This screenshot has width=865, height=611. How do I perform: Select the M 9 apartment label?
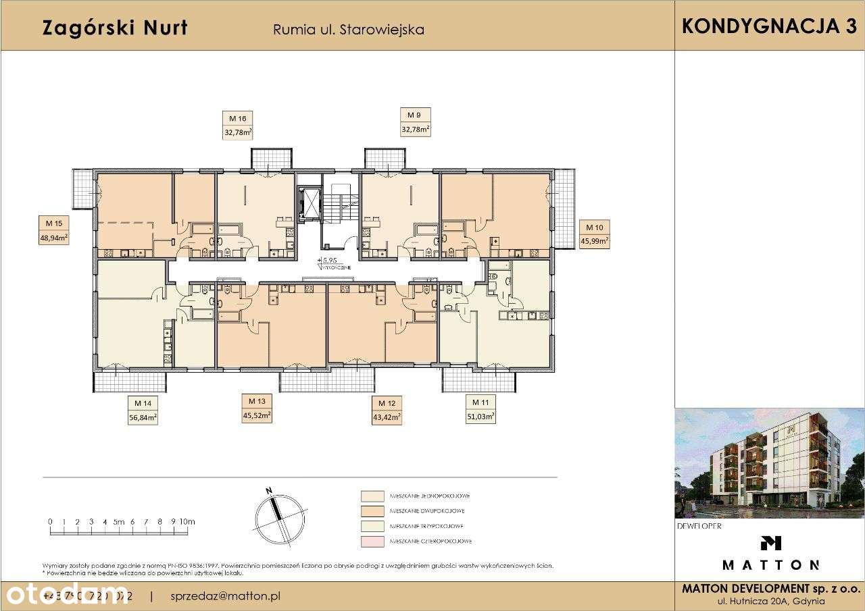click(416, 124)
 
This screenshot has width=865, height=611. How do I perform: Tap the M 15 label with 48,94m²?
click(54, 230)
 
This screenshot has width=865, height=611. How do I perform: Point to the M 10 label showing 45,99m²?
click(595, 234)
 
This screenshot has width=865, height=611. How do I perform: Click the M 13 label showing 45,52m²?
click(256, 409)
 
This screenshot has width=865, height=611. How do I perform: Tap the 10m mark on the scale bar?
click(187, 522)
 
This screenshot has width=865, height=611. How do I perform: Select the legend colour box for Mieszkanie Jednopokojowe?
click(372, 496)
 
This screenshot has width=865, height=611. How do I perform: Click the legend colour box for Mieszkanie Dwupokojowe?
click(372, 511)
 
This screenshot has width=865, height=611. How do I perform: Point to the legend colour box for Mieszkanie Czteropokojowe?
click(372, 541)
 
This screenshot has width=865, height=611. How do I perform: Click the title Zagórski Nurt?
click(115, 28)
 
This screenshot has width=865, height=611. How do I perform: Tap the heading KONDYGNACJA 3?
click(769, 26)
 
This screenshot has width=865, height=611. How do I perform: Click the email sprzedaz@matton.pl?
click(226, 596)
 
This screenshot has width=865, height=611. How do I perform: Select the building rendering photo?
click(769, 463)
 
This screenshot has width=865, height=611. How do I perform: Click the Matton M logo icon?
click(770, 542)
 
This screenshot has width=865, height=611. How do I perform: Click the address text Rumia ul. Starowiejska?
click(348, 30)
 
